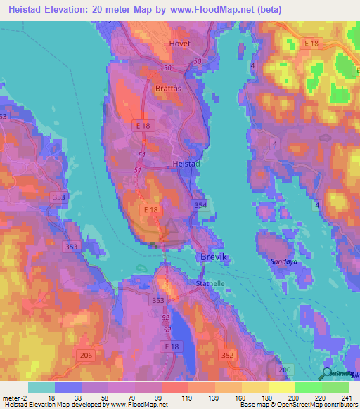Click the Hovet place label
click(180, 44)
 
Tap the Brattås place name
click(167, 89)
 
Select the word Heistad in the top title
click(29, 9)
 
